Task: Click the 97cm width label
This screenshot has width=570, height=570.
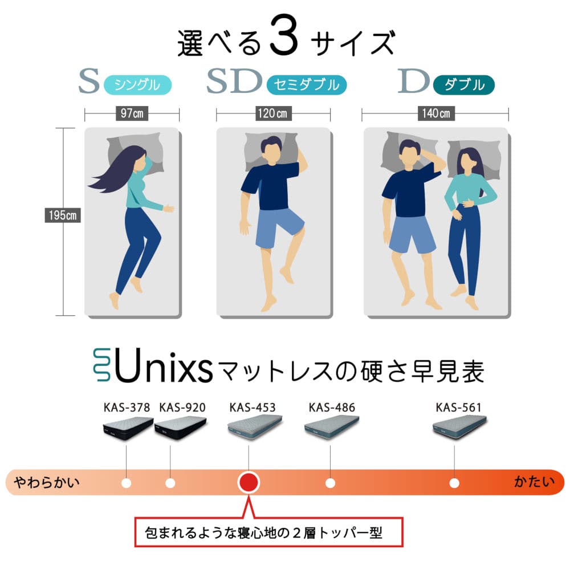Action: [x=132, y=113]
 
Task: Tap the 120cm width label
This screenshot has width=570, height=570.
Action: [x=272, y=113]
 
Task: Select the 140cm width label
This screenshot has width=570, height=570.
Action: [x=436, y=113]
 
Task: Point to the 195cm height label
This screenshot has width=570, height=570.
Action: [x=63, y=215]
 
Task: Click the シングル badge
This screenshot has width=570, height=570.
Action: [x=137, y=85]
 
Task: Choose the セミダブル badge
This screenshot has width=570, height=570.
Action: [x=307, y=85]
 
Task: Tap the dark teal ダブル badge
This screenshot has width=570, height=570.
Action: [x=464, y=85]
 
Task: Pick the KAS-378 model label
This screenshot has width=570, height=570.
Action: [x=127, y=408]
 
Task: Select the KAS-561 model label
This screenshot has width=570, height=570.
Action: [x=458, y=408]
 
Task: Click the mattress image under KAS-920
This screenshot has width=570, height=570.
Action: [x=181, y=428]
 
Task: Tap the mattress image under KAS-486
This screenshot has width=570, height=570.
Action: [x=332, y=427]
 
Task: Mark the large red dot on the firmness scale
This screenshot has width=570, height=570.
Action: [x=249, y=482]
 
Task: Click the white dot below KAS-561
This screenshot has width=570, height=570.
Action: [x=454, y=483]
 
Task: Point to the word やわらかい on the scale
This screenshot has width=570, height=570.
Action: [x=47, y=482]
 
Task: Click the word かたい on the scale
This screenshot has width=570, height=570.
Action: [x=535, y=482]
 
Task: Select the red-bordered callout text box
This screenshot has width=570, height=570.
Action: [x=269, y=532]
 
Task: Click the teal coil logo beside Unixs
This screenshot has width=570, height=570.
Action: [x=102, y=365]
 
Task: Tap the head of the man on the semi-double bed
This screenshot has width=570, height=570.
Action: [x=271, y=149]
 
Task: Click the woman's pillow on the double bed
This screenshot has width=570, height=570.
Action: [x=474, y=158]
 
